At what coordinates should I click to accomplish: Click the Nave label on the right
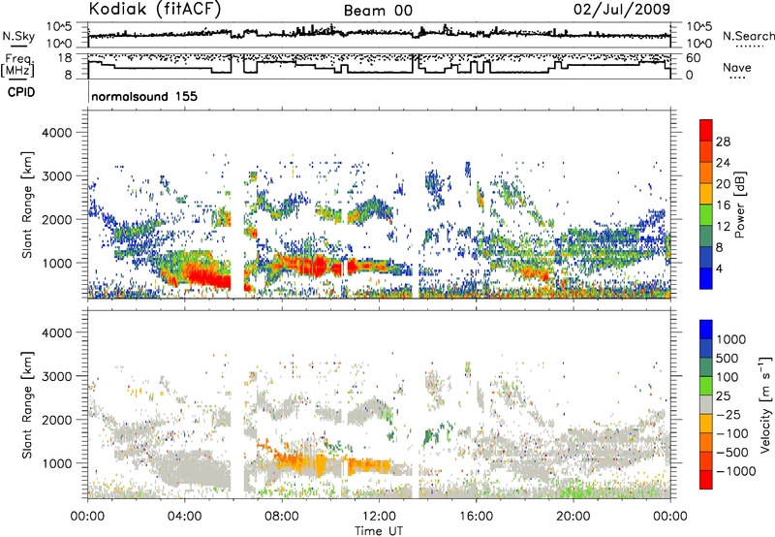(x=737, y=67)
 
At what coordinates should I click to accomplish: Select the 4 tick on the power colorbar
(x=725, y=268)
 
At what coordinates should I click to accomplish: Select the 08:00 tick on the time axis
(x=281, y=516)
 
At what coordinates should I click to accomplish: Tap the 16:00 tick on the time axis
(x=476, y=516)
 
